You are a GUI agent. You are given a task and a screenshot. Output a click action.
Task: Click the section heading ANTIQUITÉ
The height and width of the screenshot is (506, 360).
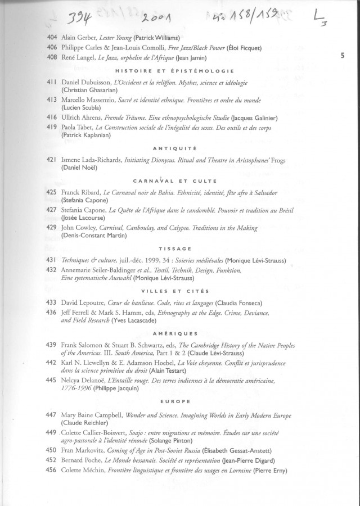(174, 148)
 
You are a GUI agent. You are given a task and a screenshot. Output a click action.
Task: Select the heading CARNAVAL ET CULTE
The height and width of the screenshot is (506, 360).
(174, 180)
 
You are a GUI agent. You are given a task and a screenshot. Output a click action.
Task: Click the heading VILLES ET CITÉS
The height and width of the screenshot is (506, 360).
(174, 291)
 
